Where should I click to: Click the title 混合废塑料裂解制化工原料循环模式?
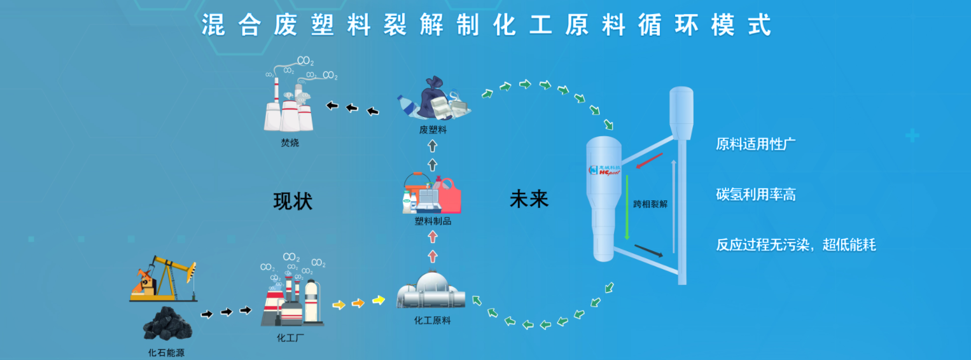486,25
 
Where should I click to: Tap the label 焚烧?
290,143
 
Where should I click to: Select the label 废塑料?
433,130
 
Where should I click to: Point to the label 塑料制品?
433,221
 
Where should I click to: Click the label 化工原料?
432,321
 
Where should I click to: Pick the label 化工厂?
291,338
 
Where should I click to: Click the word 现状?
293,201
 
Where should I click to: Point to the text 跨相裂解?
650,205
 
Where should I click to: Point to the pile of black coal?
167,323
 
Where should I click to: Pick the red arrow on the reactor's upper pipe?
649,162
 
